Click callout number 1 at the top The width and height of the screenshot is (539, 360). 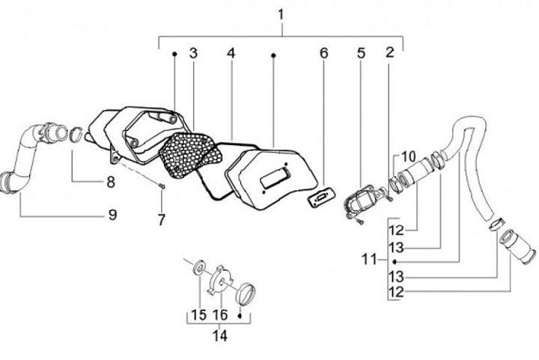click(x=281, y=14)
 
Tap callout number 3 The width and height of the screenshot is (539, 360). click(x=193, y=53)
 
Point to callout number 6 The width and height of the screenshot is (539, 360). click(x=324, y=53)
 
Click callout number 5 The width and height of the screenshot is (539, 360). click(x=360, y=53)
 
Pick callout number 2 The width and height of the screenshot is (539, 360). click(x=389, y=53)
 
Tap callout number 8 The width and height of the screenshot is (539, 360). click(x=110, y=181)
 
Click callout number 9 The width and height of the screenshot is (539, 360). click(x=112, y=215)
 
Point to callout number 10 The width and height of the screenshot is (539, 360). click(x=407, y=156)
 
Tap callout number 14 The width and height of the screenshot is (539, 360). click(x=219, y=336)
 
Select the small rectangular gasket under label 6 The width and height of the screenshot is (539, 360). click(x=320, y=198)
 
